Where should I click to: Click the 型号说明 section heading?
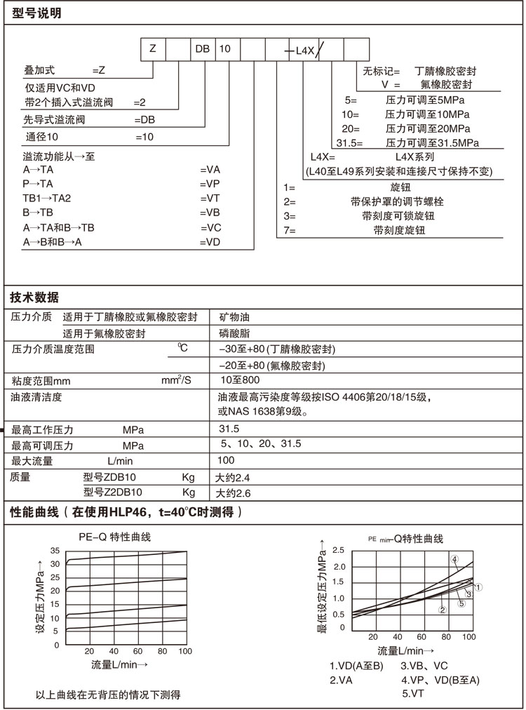[37, 13]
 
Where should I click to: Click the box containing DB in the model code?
[203, 49]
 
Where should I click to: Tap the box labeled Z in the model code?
[154, 49]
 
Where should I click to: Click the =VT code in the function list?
[210, 198]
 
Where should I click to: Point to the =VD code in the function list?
[210, 242]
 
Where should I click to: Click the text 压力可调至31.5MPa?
[431, 142]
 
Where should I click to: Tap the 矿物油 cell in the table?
[234, 317]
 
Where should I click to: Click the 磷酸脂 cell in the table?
[234, 334]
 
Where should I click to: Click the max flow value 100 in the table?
[226, 461]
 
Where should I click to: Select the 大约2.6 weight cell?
[233, 493]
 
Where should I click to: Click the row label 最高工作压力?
[43, 429]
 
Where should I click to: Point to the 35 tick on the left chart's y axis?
[55, 551]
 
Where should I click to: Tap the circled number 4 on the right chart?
[454, 559]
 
